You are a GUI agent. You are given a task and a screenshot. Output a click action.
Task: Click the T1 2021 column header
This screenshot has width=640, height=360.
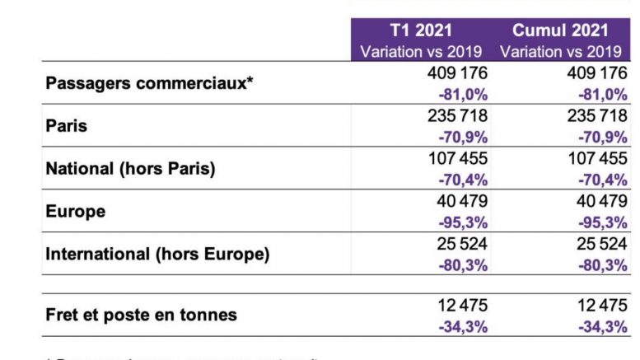tap(421, 31)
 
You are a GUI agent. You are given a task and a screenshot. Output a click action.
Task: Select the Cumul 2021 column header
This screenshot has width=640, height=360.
tap(560, 31)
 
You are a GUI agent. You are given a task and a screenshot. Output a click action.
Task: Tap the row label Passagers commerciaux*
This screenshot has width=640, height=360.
tap(147, 83)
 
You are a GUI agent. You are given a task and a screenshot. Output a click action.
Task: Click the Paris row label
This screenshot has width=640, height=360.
tap(67, 126)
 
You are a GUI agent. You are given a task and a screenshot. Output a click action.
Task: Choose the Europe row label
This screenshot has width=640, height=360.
tap(76, 211)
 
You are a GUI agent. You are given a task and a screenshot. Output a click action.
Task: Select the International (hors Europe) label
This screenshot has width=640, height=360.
tap(157, 254)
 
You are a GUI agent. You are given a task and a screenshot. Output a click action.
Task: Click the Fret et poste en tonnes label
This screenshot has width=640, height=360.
tap(141, 315)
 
